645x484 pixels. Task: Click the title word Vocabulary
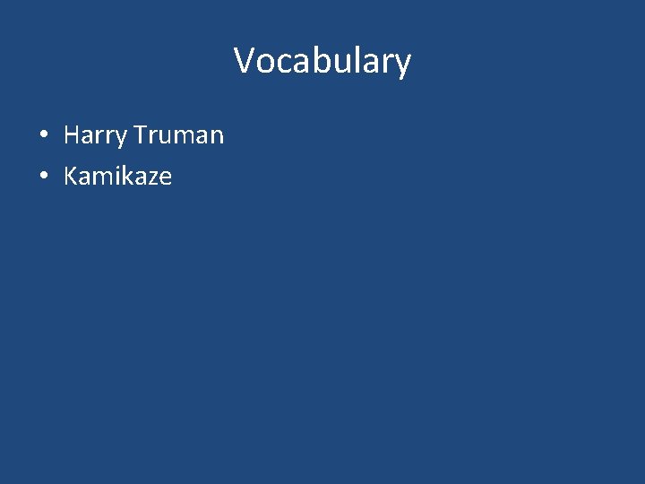click(322, 61)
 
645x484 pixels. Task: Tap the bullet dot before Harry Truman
click(43, 136)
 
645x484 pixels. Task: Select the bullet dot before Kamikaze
click(43, 177)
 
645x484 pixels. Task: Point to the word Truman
click(178, 135)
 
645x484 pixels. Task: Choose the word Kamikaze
click(117, 176)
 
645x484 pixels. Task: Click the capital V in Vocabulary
click(245, 61)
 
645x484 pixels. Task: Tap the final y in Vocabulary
click(402, 65)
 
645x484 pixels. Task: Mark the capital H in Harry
click(72, 135)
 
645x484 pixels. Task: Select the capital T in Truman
click(140, 135)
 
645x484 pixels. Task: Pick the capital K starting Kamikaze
click(71, 176)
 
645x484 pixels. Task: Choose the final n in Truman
click(216, 137)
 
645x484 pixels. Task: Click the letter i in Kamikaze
click(116, 176)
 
